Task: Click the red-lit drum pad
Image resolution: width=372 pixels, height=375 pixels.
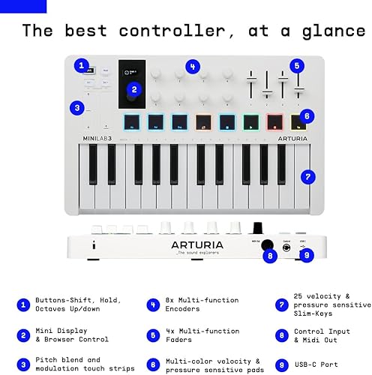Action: click(275, 121)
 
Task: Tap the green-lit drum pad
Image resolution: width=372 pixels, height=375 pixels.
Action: click(251, 121)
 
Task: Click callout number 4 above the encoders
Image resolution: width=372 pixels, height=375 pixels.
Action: click(193, 67)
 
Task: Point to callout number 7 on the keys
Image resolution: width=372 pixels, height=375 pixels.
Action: click(306, 177)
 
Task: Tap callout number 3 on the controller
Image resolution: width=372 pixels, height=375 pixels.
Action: click(76, 107)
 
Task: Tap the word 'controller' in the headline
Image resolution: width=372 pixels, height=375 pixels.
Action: click(181, 31)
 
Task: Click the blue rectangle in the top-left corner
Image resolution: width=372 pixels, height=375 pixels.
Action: click(23, 6)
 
